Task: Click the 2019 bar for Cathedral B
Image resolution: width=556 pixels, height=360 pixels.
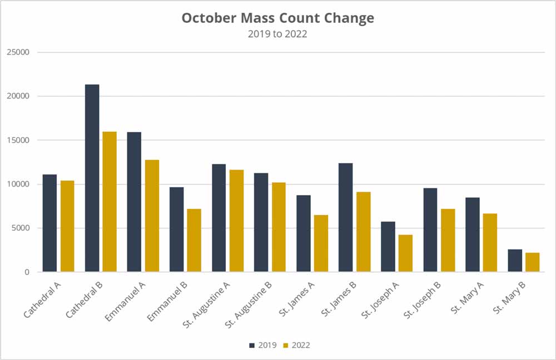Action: pos(92,178)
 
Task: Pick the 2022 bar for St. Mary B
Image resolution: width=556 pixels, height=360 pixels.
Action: pos(532,262)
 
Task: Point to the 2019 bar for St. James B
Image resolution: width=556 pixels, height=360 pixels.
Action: pos(345,217)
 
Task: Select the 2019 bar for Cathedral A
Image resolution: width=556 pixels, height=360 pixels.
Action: pos(49,223)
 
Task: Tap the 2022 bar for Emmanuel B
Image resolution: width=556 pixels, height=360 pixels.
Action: pos(194,240)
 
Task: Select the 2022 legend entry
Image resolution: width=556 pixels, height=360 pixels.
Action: pos(296,345)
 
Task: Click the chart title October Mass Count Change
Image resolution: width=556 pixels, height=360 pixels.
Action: pos(278,18)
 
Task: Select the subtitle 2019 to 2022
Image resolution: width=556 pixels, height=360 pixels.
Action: pos(278,34)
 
